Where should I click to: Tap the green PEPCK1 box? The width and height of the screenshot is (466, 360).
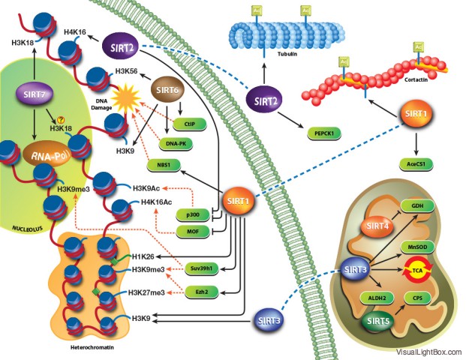[324, 133]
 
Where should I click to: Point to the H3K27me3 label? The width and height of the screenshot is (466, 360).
[148, 293]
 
